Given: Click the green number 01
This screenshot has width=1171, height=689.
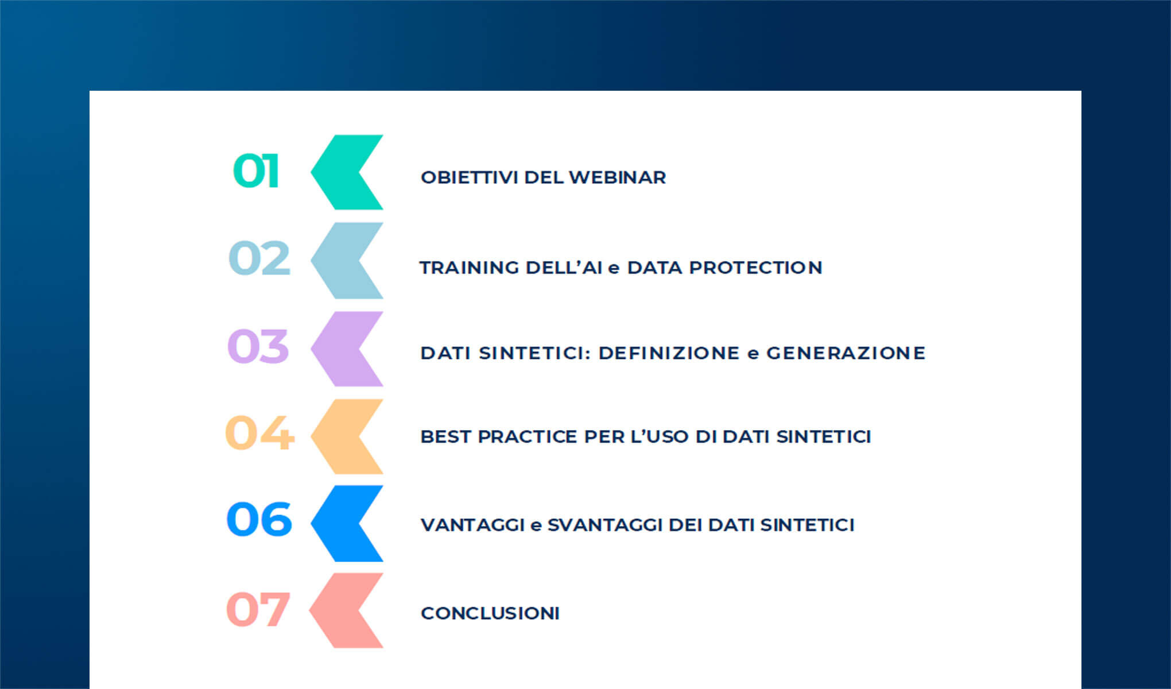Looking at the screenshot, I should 256,171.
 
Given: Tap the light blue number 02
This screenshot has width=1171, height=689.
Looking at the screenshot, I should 259,258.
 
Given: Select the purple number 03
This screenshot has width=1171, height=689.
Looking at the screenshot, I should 258,346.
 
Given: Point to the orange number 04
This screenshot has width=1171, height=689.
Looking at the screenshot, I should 259,433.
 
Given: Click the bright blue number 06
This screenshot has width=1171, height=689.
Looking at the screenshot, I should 259,520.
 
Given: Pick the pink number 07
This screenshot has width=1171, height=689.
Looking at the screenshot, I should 258,609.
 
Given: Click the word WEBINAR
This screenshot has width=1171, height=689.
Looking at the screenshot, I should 617,177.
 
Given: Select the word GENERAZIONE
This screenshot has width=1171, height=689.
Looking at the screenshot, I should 846,353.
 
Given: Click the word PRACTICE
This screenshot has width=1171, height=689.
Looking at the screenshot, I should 527,437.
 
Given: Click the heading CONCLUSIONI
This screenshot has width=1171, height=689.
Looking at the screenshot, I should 490,613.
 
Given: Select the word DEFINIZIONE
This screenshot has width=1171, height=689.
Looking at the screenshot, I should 669,353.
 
